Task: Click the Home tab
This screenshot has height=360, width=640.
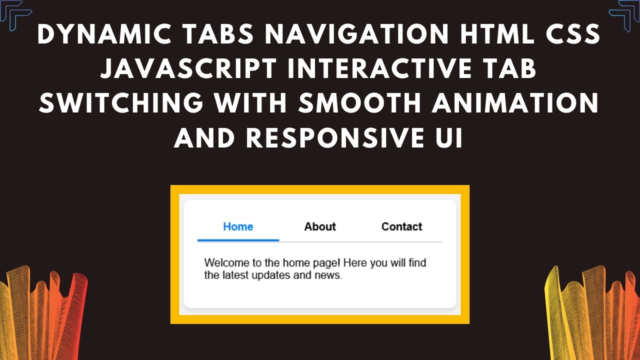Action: click(x=238, y=226)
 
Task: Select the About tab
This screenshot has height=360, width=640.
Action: click(x=320, y=226)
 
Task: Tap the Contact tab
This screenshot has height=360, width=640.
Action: click(x=401, y=226)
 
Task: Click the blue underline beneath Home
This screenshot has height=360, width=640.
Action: click(x=238, y=240)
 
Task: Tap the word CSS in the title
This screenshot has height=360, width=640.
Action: click(x=571, y=34)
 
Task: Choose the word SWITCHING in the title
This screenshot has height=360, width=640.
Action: click(x=120, y=103)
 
